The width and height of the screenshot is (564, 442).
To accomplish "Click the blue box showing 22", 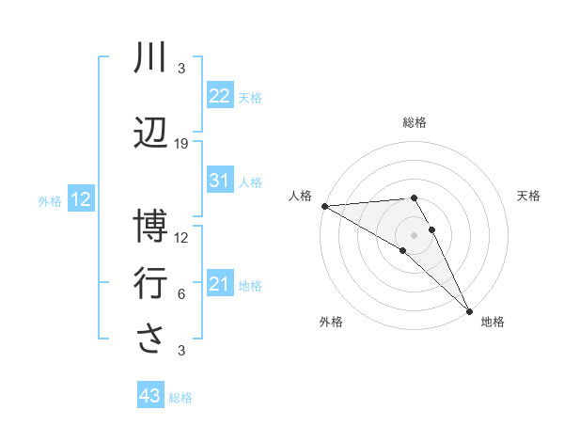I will (x=220, y=96).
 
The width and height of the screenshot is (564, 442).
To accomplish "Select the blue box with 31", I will (x=220, y=181).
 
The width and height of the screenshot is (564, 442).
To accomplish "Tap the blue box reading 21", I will (x=220, y=284).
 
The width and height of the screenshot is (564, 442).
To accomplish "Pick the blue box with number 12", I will (x=81, y=199).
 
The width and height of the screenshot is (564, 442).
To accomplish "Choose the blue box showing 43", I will (x=150, y=396).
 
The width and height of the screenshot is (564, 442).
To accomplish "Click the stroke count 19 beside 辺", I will (x=181, y=143).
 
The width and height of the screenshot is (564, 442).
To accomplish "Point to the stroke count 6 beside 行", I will (x=181, y=293).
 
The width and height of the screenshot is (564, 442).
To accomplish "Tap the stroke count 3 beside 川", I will (x=181, y=69).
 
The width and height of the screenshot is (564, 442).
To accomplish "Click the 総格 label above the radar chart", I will (x=414, y=122).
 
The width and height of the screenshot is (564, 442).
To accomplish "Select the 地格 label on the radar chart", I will (x=493, y=322).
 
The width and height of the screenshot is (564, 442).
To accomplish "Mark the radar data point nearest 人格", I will (x=324, y=206).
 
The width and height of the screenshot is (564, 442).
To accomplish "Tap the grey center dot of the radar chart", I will (x=414, y=234).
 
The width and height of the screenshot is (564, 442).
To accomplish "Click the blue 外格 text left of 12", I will (x=50, y=200).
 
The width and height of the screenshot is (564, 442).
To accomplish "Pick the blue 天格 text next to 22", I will (x=250, y=97).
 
